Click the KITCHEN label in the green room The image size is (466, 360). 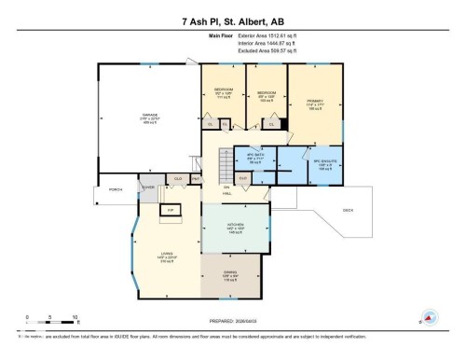(x=235, y=228)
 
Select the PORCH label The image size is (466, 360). (x=116, y=190)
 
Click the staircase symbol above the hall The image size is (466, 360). (x=225, y=168)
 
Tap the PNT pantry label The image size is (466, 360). (x=196, y=178)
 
